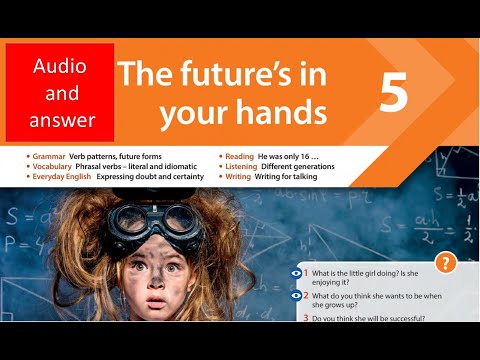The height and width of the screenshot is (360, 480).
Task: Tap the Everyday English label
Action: (63, 176)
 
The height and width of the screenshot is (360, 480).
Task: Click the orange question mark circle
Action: (446, 263)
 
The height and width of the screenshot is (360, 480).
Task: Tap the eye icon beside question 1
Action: (297, 273)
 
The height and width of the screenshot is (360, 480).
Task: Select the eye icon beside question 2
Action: (297, 296)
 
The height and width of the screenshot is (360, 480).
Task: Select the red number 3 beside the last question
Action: (304, 317)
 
